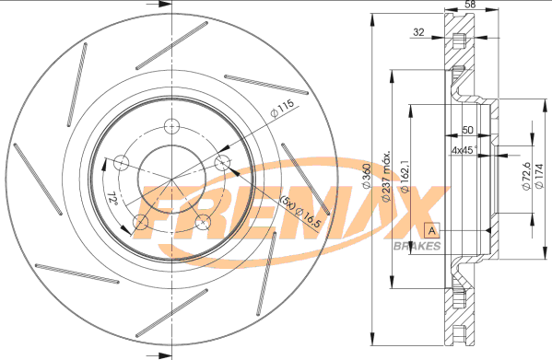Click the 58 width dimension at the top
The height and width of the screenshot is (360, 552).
pyautogui.click(x=470, y=5)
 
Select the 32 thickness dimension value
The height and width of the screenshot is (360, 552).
pyautogui.click(x=418, y=32)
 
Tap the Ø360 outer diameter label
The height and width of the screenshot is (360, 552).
pyautogui.click(x=367, y=176)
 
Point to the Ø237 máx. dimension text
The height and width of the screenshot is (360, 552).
pyautogui.click(x=386, y=177)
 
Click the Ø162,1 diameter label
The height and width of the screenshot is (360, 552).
pyautogui.click(x=405, y=176)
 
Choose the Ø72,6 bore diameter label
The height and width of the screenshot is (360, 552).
pyautogui.click(x=526, y=177)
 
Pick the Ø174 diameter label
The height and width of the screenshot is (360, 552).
pyautogui.click(x=539, y=176)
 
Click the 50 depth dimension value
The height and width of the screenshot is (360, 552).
pyautogui.click(x=467, y=130)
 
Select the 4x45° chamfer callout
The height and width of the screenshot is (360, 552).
pyautogui.click(x=464, y=150)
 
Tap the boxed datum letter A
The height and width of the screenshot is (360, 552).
pyautogui.click(x=432, y=231)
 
